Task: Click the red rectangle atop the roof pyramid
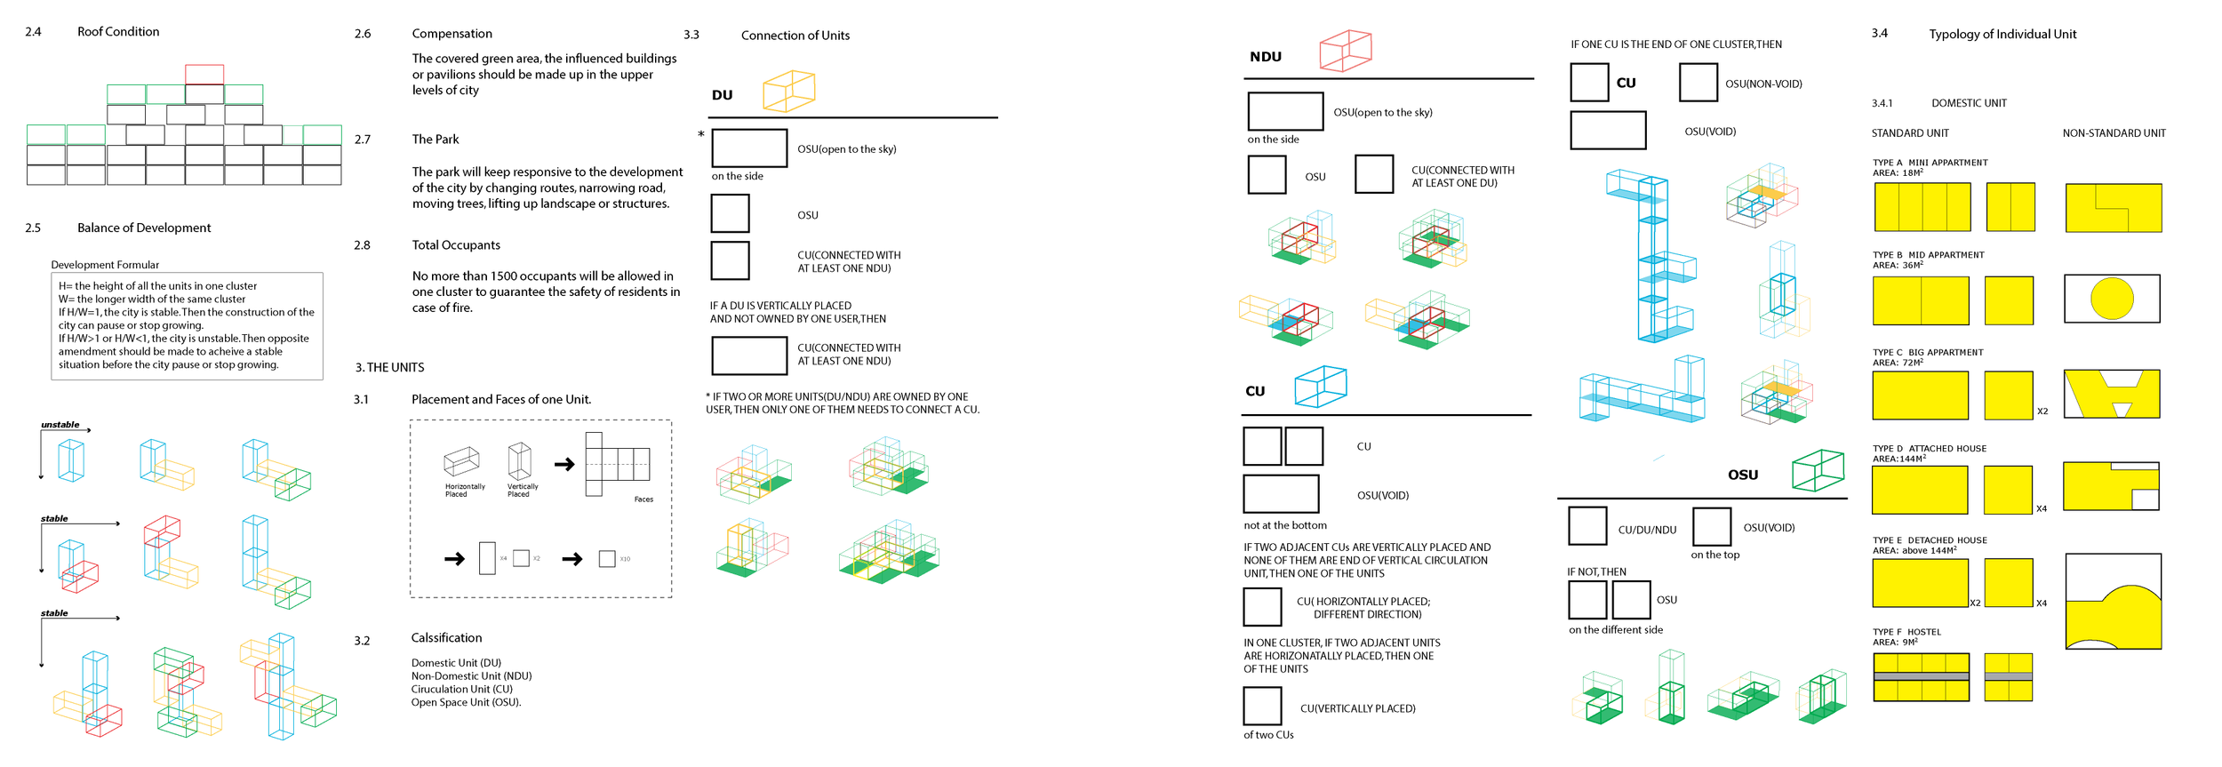(x=204, y=74)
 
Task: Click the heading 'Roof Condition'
(x=118, y=32)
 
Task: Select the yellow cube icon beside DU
(x=788, y=92)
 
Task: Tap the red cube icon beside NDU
(x=1345, y=51)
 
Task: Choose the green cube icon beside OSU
(x=1818, y=470)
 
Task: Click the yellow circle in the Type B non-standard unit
(x=2112, y=299)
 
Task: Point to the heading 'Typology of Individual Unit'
(x=2002, y=35)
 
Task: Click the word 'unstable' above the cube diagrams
(x=60, y=425)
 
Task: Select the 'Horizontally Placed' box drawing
(x=461, y=461)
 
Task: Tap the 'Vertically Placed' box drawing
(x=520, y=460)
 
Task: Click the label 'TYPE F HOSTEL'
(x=1906, y=632)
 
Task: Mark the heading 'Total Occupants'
(x=456, y=245)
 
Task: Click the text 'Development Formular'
(x=105, y=265)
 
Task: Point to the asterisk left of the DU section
(x=700, y=135)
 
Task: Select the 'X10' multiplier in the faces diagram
(x=625, y=559)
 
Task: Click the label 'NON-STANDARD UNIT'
(x=2114, y=133)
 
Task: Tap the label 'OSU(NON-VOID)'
(x=1763, y=84)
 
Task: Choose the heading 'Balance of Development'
(x=144, y=228)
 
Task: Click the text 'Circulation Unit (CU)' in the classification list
(x=461, y=689)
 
